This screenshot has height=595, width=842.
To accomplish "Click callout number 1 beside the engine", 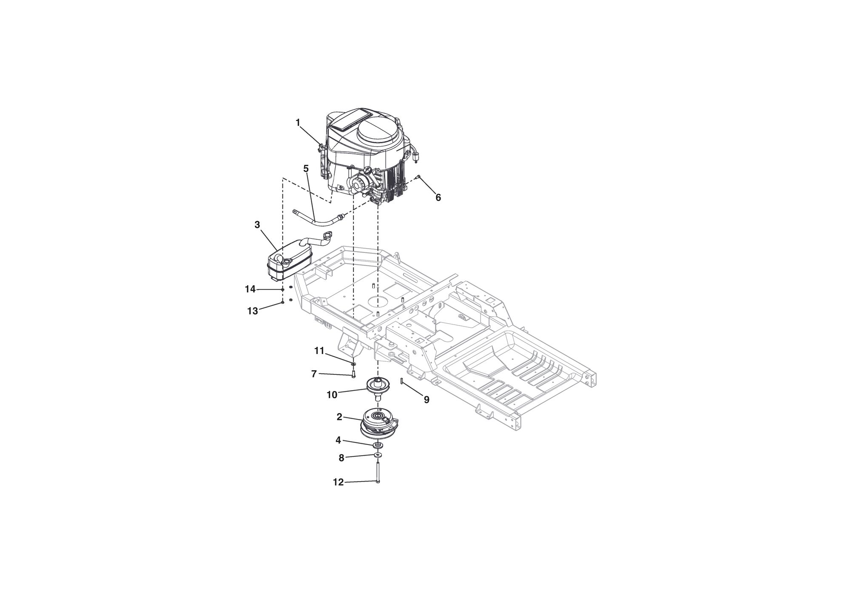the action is click(x=298, y=122).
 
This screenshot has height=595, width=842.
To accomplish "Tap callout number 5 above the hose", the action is click(x=306, y=168).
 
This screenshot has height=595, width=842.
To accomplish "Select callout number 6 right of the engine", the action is click(x=438, y=198).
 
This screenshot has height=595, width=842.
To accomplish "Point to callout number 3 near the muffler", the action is click(x=257, y=225).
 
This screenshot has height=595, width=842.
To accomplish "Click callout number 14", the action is click(x=250, y=289).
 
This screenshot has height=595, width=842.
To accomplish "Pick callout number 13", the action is click(x=253, y=311).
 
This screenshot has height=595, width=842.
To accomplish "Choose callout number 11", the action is click(x=319, y=351).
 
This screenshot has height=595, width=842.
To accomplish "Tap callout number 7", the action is click(x=314, y=374).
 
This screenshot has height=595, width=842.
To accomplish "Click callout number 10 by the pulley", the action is click(x=332, y=395).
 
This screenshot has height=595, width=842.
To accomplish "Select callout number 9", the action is click(x=427, y=399).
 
